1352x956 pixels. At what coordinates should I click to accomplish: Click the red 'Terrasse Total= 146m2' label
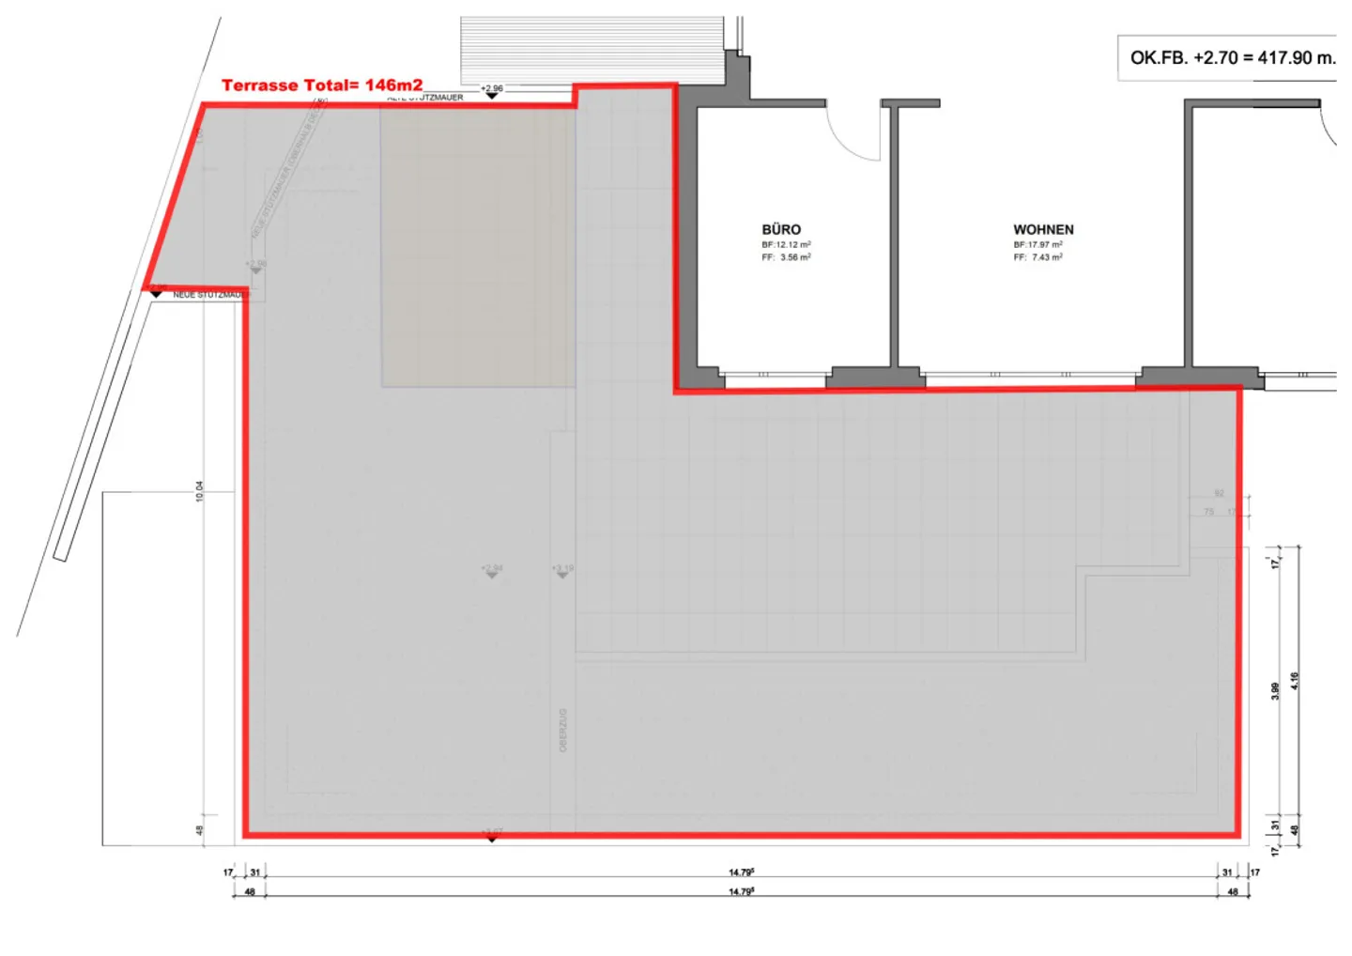click(321, 85)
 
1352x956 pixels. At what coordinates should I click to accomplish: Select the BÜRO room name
click(781, 230)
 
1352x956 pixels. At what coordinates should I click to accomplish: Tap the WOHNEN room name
click(1043, 230)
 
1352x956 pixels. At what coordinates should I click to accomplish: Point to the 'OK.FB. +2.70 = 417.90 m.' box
click(1231, 58)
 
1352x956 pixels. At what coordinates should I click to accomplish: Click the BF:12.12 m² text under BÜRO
click(786, 245)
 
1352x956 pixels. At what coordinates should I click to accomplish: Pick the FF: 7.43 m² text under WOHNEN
click(1037, 257)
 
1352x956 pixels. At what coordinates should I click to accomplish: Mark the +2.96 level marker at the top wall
click(492, 90)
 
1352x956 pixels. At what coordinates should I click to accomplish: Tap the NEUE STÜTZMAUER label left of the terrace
click(208, 295)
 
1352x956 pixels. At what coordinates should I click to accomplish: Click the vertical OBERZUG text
click(563, 731)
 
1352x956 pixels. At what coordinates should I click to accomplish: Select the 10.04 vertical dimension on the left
click(199, 491)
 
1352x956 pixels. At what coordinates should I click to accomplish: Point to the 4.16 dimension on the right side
click(1295, 681)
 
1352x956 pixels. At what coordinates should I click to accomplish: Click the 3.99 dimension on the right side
click(1275, 690)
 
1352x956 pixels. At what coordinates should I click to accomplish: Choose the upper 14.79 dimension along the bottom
click(741, 872)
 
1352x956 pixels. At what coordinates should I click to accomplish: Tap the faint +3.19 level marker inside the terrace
click(562, 570)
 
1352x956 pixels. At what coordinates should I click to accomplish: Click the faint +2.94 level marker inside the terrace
click(492, 570)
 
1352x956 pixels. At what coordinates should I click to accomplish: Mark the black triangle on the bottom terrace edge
click(492, 838)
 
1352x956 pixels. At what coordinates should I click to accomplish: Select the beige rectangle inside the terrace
click(477, 246)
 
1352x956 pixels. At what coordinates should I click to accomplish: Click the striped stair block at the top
click(591, 49)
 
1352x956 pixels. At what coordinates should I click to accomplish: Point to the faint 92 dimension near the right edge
click(1219, 493)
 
